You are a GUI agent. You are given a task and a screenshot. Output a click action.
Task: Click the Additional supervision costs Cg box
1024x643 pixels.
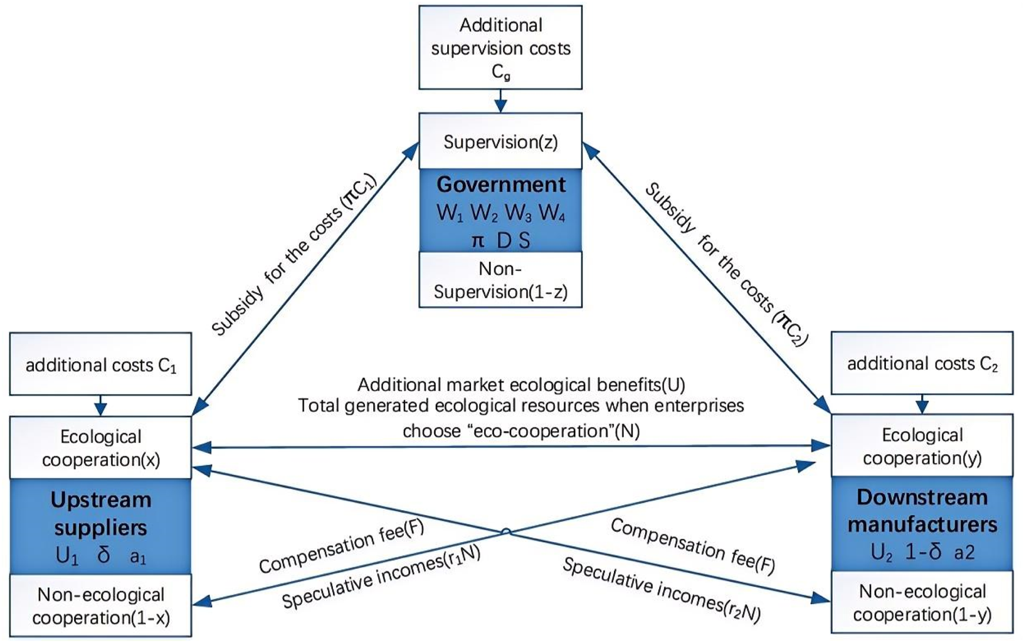pos(500,48)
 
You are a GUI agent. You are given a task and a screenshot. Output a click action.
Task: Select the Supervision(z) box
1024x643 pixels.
pos(500,142)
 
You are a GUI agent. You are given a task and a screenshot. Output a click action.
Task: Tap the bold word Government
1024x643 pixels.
pos(501,184)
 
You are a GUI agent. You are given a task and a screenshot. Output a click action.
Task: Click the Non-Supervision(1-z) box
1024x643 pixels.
pos(500,280)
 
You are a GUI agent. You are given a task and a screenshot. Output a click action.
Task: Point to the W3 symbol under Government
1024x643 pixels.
pos(518,213)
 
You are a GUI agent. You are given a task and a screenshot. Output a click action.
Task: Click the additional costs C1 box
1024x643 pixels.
pos(100,364)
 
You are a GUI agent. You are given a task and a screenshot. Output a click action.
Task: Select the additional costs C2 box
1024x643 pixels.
pos(922,363)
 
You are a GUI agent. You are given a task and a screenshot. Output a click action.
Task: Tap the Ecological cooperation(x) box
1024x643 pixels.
pos(100,448)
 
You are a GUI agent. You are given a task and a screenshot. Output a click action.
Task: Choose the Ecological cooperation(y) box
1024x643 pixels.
pos(922,446)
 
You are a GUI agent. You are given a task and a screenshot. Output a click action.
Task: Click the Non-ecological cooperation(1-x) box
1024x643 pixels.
pos(100,606)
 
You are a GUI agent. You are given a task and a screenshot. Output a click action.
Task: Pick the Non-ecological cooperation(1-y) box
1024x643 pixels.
pos(922,602)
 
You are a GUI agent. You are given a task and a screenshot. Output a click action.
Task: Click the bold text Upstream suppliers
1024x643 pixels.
pos(100,513)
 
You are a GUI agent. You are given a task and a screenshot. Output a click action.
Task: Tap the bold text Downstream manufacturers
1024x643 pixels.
pos(922,511)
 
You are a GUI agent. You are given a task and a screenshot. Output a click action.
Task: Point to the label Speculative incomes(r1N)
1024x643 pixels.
pos(381,578)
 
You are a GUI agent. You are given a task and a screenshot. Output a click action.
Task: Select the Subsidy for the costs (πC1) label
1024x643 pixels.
pos(293,255)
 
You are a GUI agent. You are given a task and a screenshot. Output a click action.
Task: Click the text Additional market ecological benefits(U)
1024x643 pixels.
pos(521,385)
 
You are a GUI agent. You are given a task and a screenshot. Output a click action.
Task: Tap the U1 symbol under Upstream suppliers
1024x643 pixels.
pos(67,556)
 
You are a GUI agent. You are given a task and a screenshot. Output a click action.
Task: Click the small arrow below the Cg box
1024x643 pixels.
pos(500,101)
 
